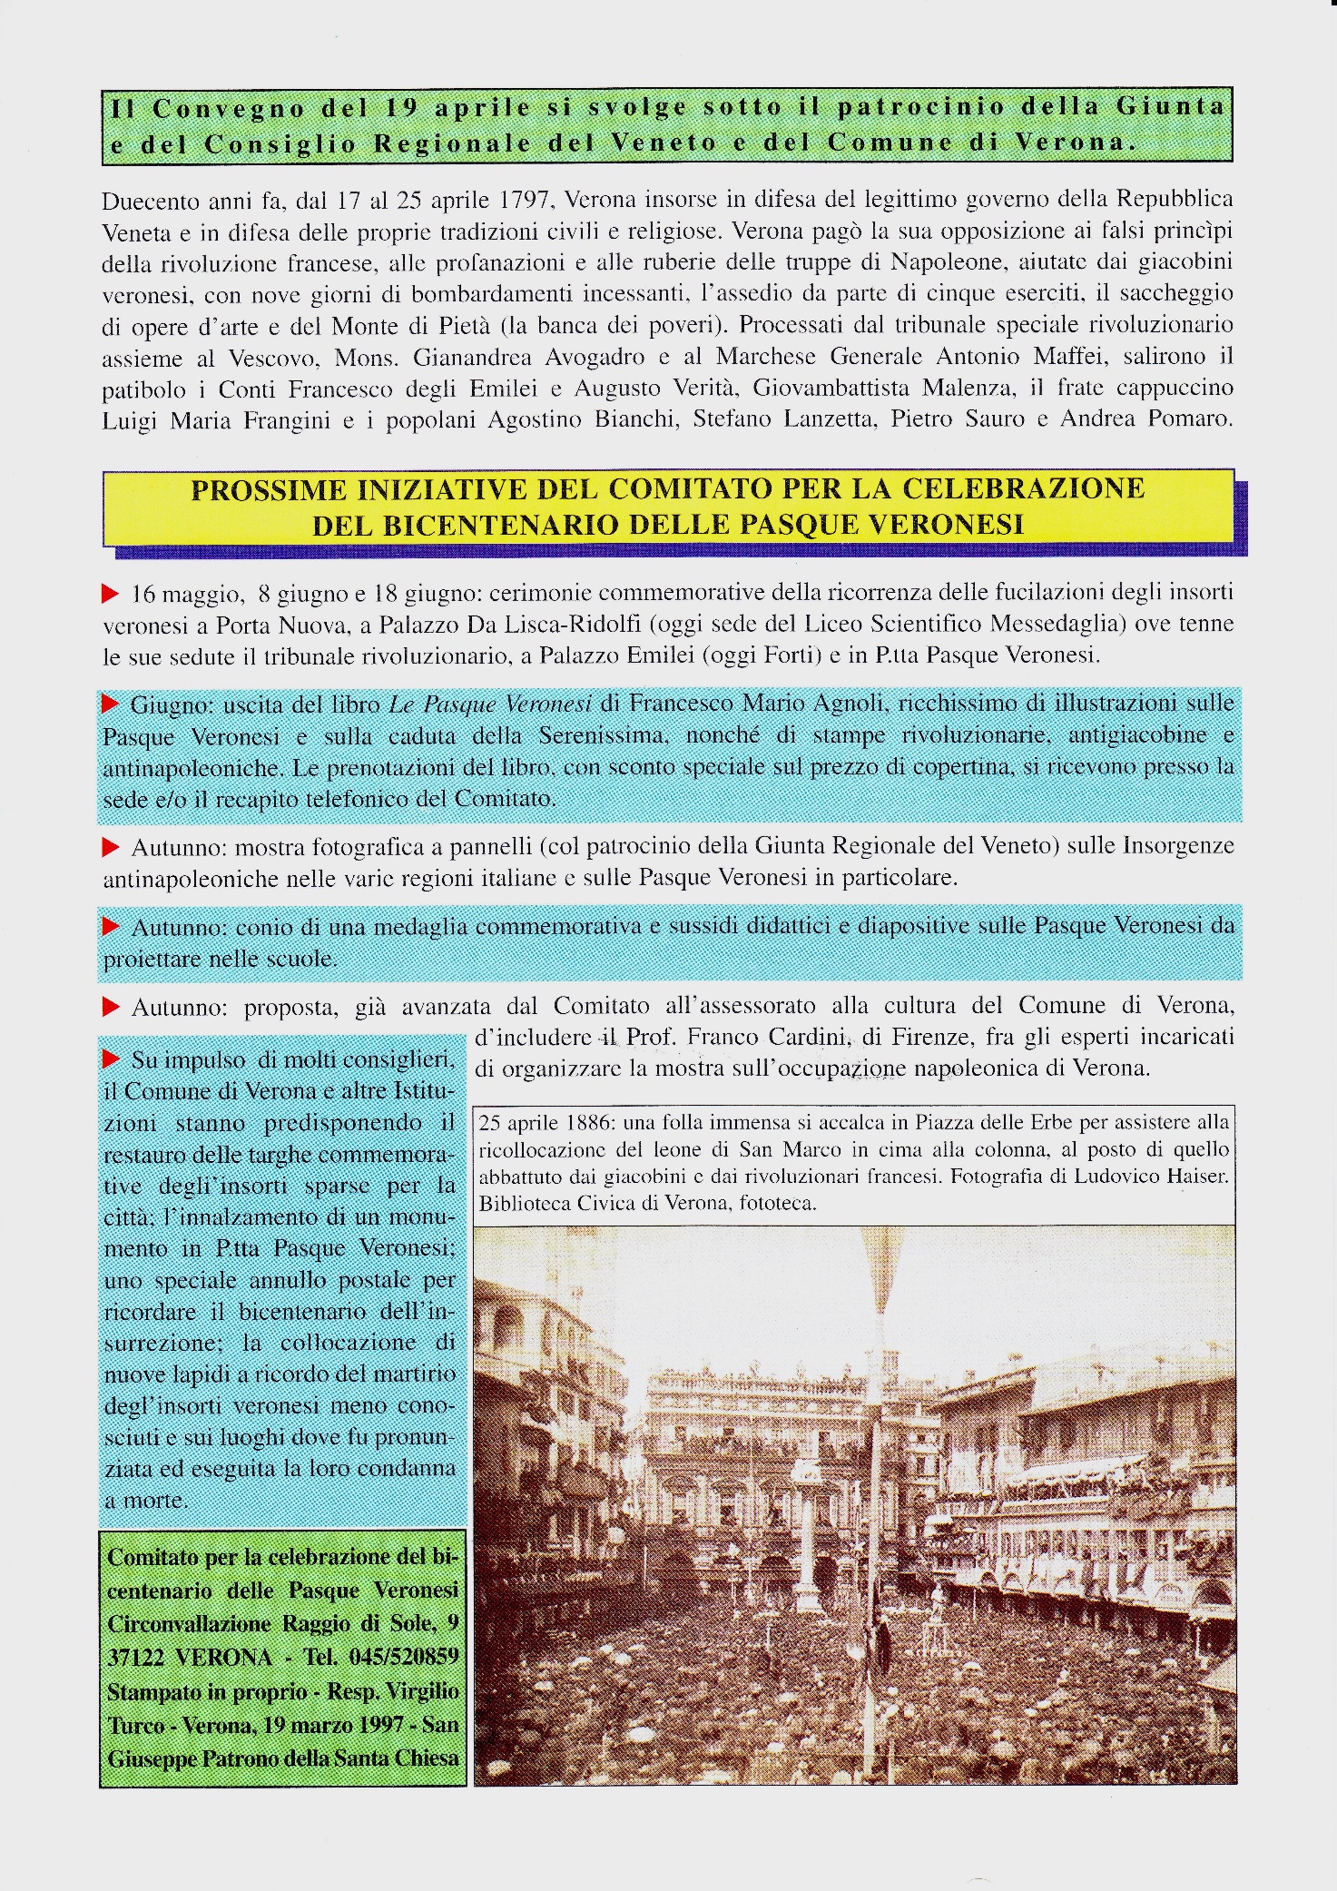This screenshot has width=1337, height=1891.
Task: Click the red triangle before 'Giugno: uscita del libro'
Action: tap(111, 704)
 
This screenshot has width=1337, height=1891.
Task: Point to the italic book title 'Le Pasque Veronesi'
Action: tap(490, 704)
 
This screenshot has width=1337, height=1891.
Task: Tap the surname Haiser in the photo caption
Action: tap(1195, 1177)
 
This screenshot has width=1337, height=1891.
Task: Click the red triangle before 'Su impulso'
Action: tap(111, 1059)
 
